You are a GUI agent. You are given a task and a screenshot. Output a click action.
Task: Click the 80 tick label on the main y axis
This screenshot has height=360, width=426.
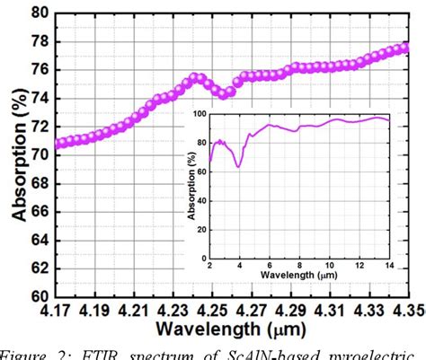[x=39, y=13]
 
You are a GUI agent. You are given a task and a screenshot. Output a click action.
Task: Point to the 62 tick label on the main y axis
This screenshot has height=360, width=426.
[x=39, y=268]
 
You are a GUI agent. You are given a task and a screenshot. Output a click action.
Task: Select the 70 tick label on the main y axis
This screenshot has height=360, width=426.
[x=39, y=154]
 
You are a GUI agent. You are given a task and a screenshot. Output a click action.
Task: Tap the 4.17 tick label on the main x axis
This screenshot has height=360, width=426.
[x=58, y=311]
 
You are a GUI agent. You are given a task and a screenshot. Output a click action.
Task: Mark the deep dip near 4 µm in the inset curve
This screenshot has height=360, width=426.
[x=238, y=166]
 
